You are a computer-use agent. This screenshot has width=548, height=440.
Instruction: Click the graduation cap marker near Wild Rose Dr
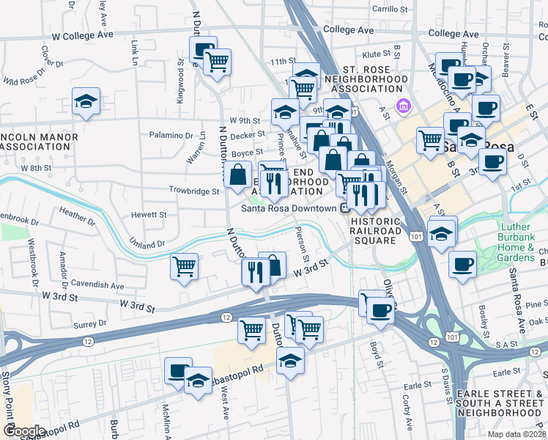click(86, 102)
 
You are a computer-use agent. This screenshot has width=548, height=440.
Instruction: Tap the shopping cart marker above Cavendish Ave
click(184, 266)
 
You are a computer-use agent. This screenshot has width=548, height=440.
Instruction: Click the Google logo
click(24, 430)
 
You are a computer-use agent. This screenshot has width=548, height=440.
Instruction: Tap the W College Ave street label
click(82, 35)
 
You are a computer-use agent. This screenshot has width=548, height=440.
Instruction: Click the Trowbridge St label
click(195, 191)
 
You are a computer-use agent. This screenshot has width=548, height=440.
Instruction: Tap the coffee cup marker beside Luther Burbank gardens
click(462, 264)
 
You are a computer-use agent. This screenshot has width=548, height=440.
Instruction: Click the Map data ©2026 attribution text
click(516, 434)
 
